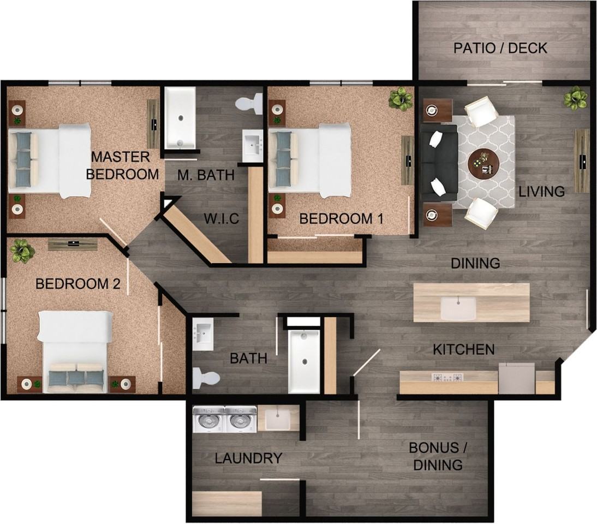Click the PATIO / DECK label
coord(500,49)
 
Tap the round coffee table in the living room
coord(483,164)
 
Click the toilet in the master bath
coord(249,103)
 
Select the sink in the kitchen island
coord(458,308)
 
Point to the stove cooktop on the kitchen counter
coord(447,377)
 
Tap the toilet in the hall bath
coord(206,378)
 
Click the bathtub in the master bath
coord(180,118)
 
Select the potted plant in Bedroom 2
coord(22,251)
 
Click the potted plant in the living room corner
coord(575,98)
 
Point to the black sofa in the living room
coord(439,163)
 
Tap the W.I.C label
coord(222,218)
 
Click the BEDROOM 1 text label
coord(341,218)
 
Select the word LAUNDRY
coord(248,458)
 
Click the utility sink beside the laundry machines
coord(278,419)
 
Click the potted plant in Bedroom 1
coord(400,99)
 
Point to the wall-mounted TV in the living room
coord(581,160)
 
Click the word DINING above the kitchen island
coord(475,263)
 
